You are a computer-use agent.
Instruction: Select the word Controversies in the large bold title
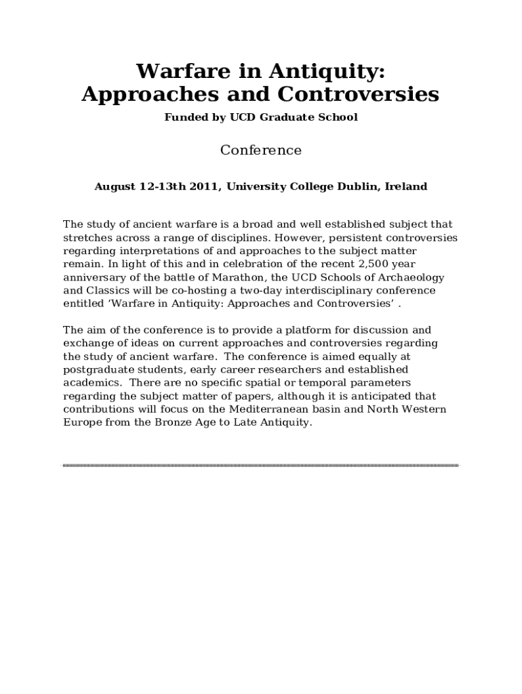point(359,94)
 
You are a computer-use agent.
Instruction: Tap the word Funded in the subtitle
point(184,117)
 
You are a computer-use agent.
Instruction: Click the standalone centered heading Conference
point(261,150)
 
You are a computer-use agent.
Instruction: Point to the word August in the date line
point(115,186)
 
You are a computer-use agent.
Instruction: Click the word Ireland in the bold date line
point(406,186)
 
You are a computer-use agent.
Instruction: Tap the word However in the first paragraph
point(298,238)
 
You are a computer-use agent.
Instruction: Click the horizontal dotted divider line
point(261,466)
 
